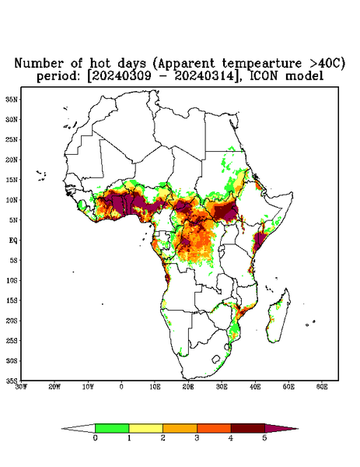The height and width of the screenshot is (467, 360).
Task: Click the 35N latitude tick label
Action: [12, 100]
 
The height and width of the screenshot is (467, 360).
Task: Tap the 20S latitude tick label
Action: [12, 321]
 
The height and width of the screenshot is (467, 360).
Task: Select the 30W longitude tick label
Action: [22, 387]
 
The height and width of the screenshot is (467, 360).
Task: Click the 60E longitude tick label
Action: [322, 387]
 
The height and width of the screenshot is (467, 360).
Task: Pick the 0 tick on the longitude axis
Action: [121, 387]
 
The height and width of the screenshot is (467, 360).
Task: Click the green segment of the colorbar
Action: [112, 428]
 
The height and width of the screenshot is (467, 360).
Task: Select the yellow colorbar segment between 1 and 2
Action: [145, 428]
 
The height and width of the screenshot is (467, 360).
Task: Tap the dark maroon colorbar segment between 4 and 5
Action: [248, 428]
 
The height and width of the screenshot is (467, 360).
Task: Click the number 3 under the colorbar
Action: [197, 438]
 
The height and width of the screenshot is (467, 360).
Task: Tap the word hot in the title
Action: [101, 64]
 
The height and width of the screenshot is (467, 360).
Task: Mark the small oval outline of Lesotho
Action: [216, 360]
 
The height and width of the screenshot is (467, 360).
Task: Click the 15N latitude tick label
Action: [12, 180]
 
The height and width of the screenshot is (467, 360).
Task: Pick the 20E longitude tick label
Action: [188, 387]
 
